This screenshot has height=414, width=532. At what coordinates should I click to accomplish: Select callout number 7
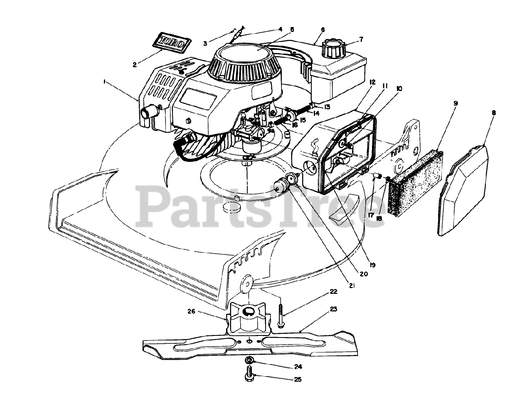coord(361,39)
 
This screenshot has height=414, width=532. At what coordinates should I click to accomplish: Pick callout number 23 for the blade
coord(334,309)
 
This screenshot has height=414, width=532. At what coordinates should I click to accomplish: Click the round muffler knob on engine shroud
coord(148,113)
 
